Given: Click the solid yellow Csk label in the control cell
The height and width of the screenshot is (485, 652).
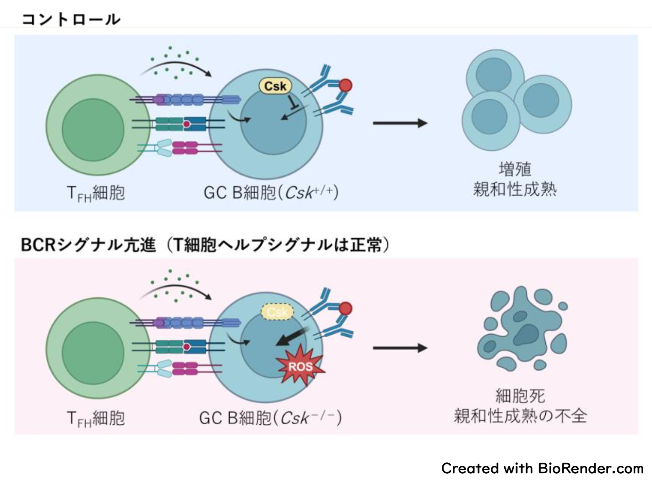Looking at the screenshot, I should [275, 86].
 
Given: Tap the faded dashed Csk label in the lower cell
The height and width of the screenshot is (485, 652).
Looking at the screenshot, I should [277, 312].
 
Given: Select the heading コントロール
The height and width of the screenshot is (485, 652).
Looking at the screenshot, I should [71, 19].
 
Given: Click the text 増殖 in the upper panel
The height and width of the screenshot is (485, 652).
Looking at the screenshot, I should [515, 169].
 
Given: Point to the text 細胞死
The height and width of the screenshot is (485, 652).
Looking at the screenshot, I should [520, 395].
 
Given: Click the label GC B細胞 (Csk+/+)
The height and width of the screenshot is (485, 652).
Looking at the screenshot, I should [271, 193].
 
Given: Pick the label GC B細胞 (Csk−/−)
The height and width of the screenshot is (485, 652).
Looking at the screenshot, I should [270, 418].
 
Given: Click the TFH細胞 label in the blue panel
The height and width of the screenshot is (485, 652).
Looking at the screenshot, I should [96, 193].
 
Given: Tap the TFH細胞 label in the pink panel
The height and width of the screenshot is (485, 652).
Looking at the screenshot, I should [96, 418].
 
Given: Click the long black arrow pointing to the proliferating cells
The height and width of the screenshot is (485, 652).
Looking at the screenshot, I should [400, 123].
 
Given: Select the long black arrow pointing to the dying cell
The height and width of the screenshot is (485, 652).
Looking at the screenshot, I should [400, 348].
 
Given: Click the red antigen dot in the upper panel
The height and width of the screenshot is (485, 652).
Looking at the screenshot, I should [345, 85].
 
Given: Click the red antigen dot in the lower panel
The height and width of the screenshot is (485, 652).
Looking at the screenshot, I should [345, 309].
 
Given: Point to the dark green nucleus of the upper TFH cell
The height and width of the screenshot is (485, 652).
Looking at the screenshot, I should [93, 129].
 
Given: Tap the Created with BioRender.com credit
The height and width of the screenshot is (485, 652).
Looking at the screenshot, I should [542, 468].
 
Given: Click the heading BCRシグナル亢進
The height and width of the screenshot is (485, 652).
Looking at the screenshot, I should [88, 245].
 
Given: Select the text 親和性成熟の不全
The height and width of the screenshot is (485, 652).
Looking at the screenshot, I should [520, 416].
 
